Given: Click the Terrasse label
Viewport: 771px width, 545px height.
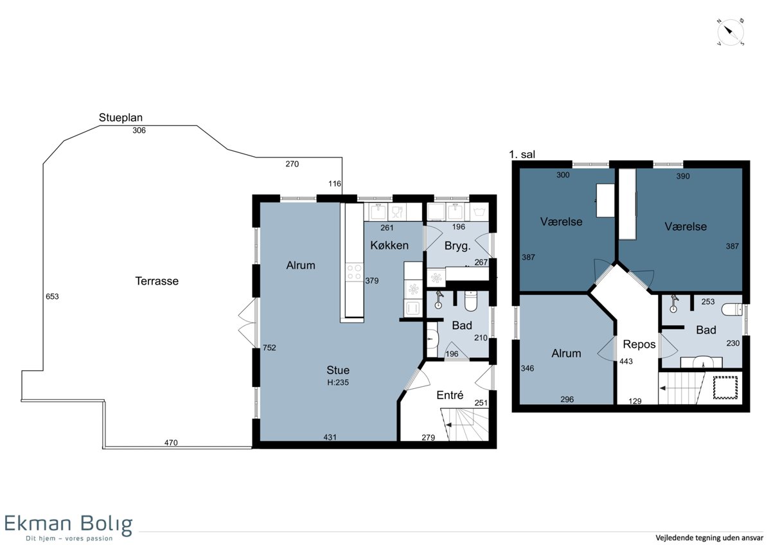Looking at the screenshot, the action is pyautogui.click(x=157, y=281).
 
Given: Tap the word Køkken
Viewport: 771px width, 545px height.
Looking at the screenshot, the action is pyautogui.click(x=389, y=246).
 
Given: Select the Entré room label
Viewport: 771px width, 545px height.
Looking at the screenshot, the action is pyautogui.click(x=450, y=395).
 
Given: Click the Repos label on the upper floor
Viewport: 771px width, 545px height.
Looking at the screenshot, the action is pyautogui.click(x=639, y=344).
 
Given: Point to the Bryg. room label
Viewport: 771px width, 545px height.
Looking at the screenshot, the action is pyautogui.click(x=457, y=246).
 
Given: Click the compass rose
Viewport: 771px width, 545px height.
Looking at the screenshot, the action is pyautogui.click(x=731, y=33).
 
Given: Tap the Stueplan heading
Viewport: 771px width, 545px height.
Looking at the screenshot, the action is pyautogui.click(x=121, y=118).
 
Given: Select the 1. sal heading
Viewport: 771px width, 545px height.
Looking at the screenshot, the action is pyautogui.click(x=522, y=155).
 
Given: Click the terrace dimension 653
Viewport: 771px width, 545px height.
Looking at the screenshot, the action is pyautogui.click(x=52, y=296).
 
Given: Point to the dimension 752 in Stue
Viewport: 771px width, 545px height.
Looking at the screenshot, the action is pyautogui.click(x=269, y=348).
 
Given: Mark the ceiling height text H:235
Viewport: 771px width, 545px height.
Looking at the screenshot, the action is pyautogui.click(x=338, y=382).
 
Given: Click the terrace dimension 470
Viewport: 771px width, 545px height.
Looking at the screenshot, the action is pyautogui.click(x=171, y=443).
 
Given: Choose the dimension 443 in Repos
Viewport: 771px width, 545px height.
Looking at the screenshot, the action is pyautogui.click(x=626, y=361).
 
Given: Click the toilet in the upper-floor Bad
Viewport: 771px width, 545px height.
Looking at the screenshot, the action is pyautogui.click(x=732, y=309).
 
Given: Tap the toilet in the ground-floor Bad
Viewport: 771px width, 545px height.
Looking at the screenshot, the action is pyautogui.click(x=470, y=301).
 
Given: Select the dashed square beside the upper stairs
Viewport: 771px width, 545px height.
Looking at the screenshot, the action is pyautogui.click(x=725, y=388).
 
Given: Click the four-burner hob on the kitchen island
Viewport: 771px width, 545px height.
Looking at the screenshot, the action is pyautogui.click(x=355, y=272).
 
